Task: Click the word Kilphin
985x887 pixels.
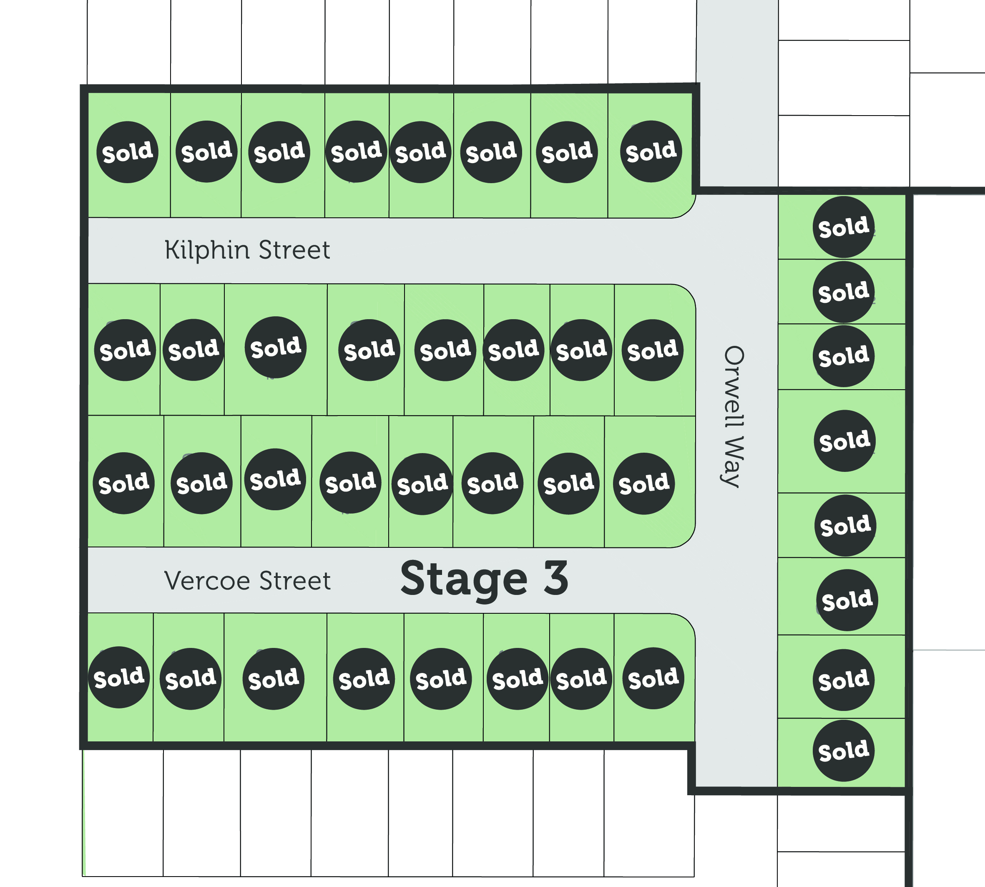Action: tap(207, 250)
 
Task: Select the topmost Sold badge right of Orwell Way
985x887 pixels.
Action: tap(843, 227)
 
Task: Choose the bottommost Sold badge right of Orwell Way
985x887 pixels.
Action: tap(843, 751)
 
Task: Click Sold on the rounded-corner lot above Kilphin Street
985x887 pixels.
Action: tap(651, 151)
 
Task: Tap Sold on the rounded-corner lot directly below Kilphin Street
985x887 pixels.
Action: tap(652, 350)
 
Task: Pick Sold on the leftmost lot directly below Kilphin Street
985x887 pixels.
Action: tap(125, 350)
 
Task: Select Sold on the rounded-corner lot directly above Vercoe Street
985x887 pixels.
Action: tap(643, 484)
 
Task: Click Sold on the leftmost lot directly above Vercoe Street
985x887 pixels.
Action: tap(123, 483)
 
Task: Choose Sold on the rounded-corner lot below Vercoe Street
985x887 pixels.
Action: tap(653, 678)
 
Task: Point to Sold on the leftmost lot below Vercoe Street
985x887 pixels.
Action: tap(118, 678)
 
